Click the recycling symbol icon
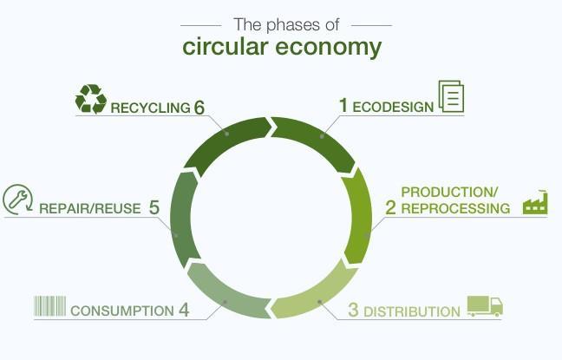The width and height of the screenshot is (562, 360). click(90, 99)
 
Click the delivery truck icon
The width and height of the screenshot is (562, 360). click(485, 306)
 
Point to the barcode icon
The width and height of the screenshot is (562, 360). click(49, 306)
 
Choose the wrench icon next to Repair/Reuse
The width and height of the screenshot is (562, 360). click(17, 200)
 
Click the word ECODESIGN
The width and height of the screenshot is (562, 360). click(392, 107)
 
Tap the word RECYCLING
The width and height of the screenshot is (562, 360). click(150, 108)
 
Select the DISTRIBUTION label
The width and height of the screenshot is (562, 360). click(411, 311)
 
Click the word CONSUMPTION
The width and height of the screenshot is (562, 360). click(121, 311)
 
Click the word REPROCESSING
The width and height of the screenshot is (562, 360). click(455, 209)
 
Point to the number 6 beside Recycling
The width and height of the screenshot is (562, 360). click(199, 108)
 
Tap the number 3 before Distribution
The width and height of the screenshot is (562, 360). click(353, 310)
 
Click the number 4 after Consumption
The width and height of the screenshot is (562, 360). click(184, 310)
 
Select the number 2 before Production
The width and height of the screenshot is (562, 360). click(390, 208)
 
